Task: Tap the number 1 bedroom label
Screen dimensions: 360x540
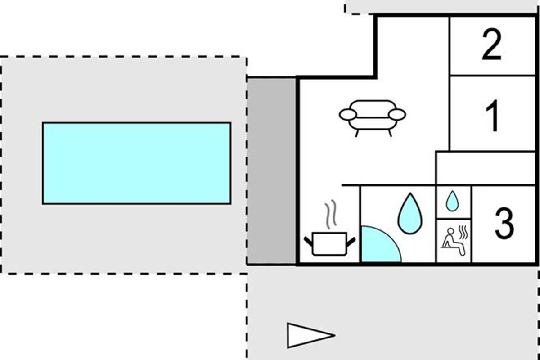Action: coord(493,117)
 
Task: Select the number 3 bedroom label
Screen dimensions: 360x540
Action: coord(504,223)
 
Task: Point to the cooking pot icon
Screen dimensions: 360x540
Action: coord(330,243)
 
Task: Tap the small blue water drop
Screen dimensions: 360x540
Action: coord(452,201)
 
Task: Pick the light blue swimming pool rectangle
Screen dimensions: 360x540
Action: coord(136,163)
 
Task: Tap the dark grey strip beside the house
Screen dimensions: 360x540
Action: coord(272,171)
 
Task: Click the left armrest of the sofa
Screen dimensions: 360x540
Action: coord(348,115)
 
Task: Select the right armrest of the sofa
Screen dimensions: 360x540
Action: coord(397,115)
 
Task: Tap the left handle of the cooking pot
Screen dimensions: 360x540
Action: coord(308,241)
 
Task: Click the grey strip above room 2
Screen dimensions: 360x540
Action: coord(441,6)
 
